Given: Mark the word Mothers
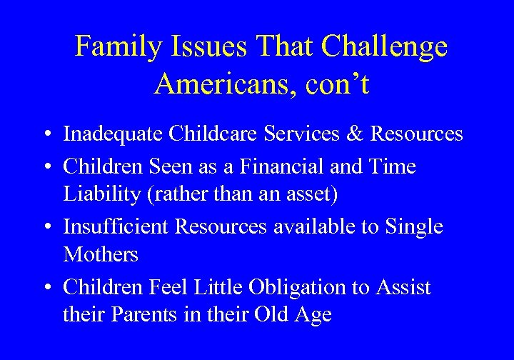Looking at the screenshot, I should pyautogui.click(x=101, y=254).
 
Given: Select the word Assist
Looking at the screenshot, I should pyautogui.click(x=404, y=287).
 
